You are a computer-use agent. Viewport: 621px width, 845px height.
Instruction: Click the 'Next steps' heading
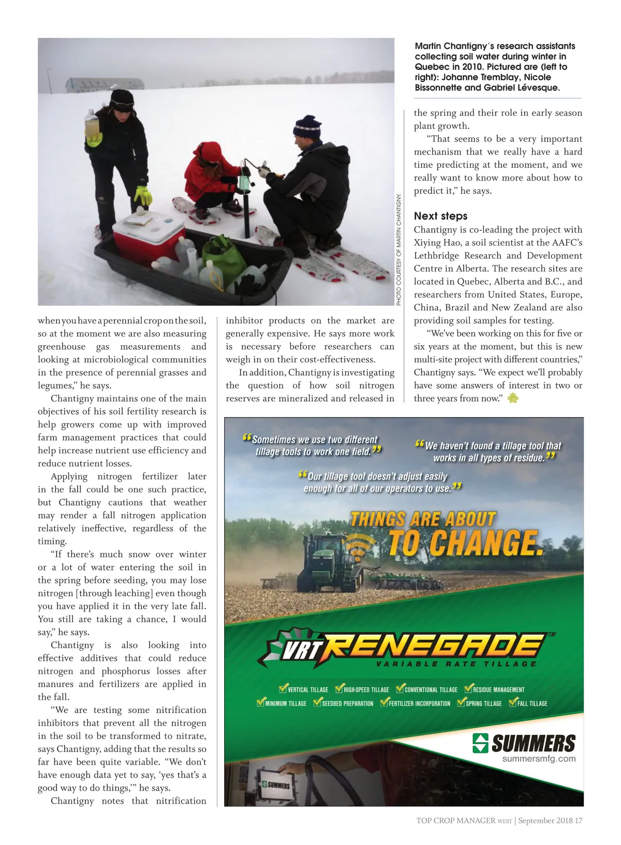(x=440, y=216)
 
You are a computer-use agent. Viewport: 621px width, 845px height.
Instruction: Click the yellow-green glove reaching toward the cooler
(x=142, y=196)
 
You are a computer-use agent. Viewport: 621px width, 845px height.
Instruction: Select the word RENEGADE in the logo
(x=435, y=645)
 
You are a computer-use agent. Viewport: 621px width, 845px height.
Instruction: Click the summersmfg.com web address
(x=539, y=759)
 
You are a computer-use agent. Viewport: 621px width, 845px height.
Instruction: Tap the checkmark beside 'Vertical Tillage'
(x=283, y=689)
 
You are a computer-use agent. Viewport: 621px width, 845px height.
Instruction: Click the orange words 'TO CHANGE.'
(x=465, y=543)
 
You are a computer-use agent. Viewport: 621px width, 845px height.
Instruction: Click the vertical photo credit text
(x=398, y=249)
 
